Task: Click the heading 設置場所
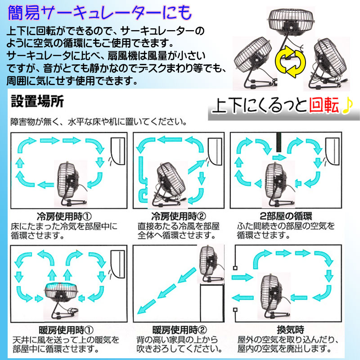(x=37, y=101)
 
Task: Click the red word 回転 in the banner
(x=324, y=105)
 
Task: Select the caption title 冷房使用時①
(x=64, y=216)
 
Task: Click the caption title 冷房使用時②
(x=178, y=216)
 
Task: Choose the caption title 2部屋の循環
(x=286, y=216)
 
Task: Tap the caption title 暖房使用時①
(x=66, y=330)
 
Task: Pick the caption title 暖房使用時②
(x=179, y=330)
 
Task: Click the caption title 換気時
(x=290, y=330)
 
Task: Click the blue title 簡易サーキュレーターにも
(x=100, y=13)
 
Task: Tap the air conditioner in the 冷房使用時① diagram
(x=118, y=151)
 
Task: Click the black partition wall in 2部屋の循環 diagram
(x=279, y=142)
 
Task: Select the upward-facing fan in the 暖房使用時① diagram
(x=61, y=300)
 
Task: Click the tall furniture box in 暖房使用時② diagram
(x=212, y=302)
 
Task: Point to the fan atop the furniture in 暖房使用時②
(x=211, y=264)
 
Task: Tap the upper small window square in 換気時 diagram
(x=235, y=268)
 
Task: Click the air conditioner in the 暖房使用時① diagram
(x=118, y=264)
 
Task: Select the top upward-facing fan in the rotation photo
(x=291, y=22)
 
